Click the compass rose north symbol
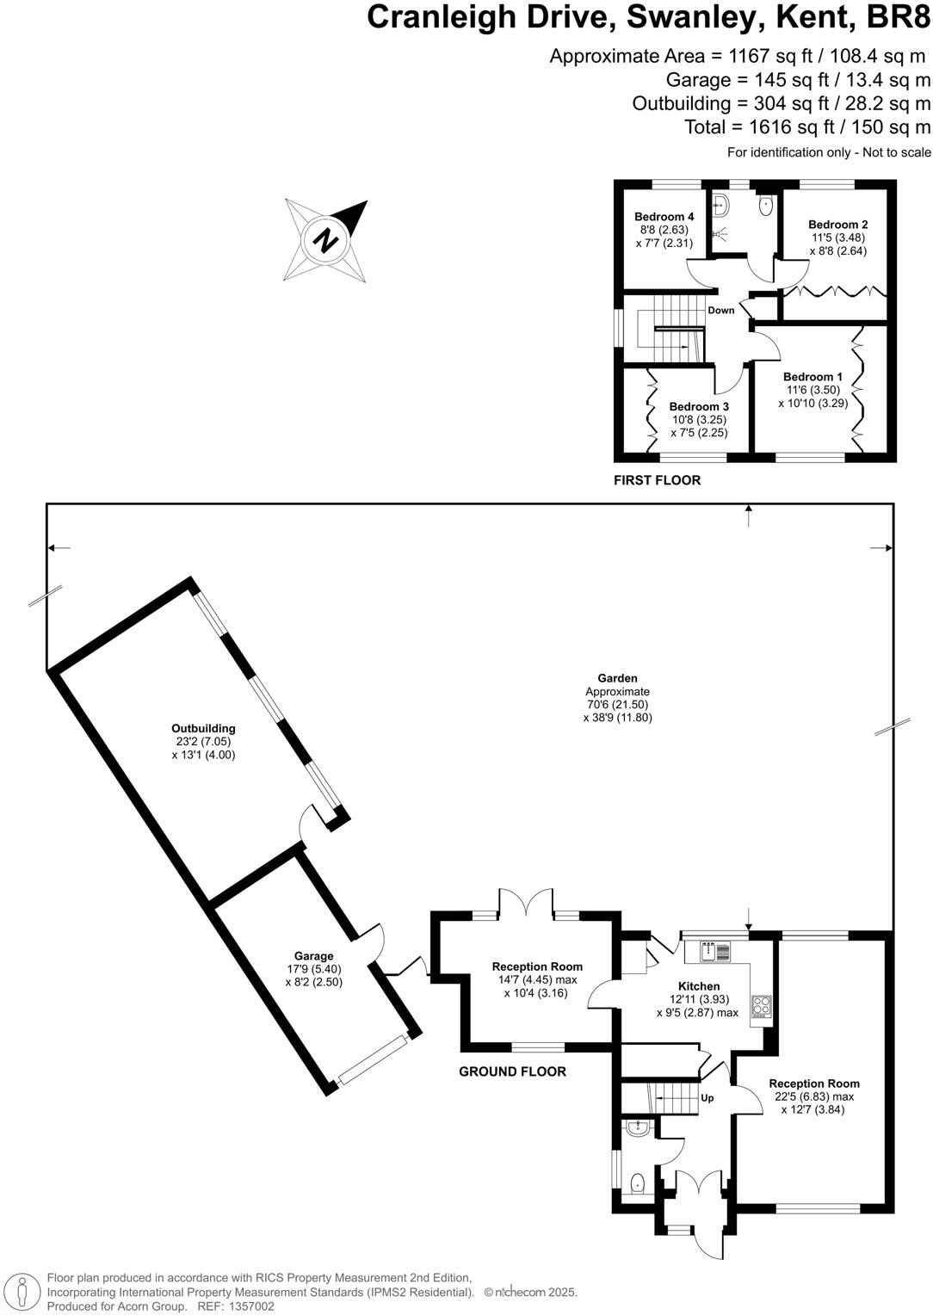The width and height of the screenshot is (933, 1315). tap(326, 240)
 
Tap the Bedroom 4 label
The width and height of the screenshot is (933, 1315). tap(664, 217)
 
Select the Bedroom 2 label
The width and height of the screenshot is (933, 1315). tap(837, 225)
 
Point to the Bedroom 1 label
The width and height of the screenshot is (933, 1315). tap(813, 377)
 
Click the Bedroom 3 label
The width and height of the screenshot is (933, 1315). tap(699, 407)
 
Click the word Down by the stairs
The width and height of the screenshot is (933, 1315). tap(721, 311)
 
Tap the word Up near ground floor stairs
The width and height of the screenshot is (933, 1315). tap(707, 1098)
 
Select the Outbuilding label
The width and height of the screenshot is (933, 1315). tap(203, 728)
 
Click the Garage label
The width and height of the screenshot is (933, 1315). tap(313, 956)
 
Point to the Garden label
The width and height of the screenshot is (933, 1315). tap(617, 678)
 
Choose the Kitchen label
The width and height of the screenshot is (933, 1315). tap(699, 986)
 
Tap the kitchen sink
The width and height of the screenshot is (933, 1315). tap(715, 951)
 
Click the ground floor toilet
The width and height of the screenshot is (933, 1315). tap(638, 1183)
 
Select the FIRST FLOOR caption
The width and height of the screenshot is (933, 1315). tap(657, 480)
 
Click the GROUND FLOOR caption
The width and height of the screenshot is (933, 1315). tap(512, 1071)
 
